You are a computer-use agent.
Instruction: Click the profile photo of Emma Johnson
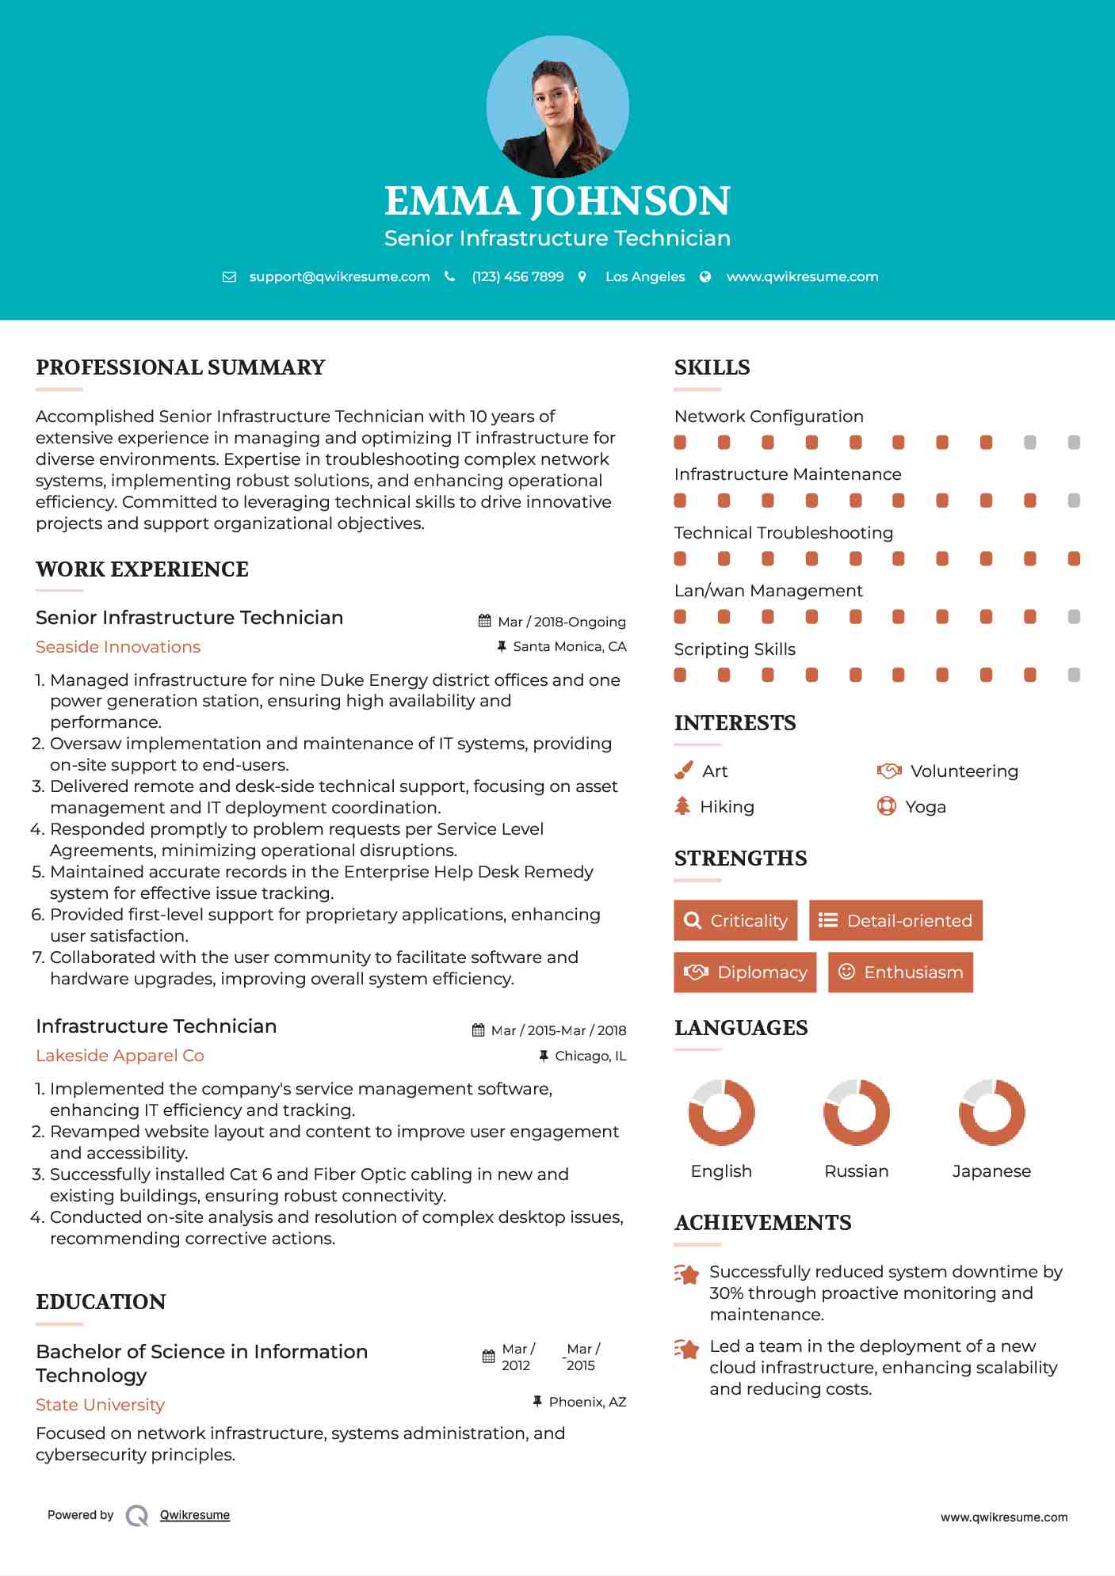coord(557,107)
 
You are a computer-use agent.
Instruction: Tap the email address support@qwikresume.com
coord(339,276)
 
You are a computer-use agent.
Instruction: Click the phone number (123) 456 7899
coord(517,276)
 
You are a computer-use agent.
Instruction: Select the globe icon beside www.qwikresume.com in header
coord(705,276)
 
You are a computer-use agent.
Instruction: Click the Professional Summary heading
coord(181,367)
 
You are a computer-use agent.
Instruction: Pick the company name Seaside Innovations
coord(118,647)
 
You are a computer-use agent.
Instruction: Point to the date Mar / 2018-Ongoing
coord(561,622)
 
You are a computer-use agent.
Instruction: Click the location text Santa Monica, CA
coord(569,646)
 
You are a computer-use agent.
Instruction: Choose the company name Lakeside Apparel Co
coord(120,1056)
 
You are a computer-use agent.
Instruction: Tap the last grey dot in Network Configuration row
coord(1074,442)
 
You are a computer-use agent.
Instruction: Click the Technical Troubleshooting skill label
coord(783,533)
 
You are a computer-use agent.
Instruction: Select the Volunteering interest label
coord(964,771)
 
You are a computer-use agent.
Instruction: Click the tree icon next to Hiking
coord(682,806)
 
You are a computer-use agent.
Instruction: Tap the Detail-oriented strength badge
coord(895,920)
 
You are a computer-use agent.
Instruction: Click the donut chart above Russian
coord(856,1112)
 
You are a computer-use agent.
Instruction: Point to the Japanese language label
coord(991,1171)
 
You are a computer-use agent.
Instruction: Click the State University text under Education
coord(100,1405)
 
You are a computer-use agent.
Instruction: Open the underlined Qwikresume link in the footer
coord(195,1515)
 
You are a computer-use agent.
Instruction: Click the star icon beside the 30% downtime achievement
coord(687,1274)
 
